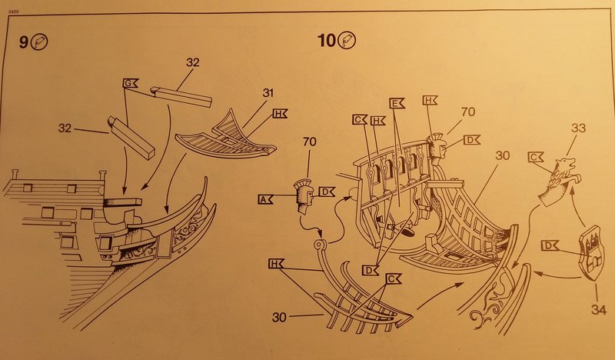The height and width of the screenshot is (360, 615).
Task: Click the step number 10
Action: [327, 41]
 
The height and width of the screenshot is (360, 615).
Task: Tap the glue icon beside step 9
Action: [42, 44]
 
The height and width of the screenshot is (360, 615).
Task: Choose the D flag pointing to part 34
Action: [549, 245]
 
